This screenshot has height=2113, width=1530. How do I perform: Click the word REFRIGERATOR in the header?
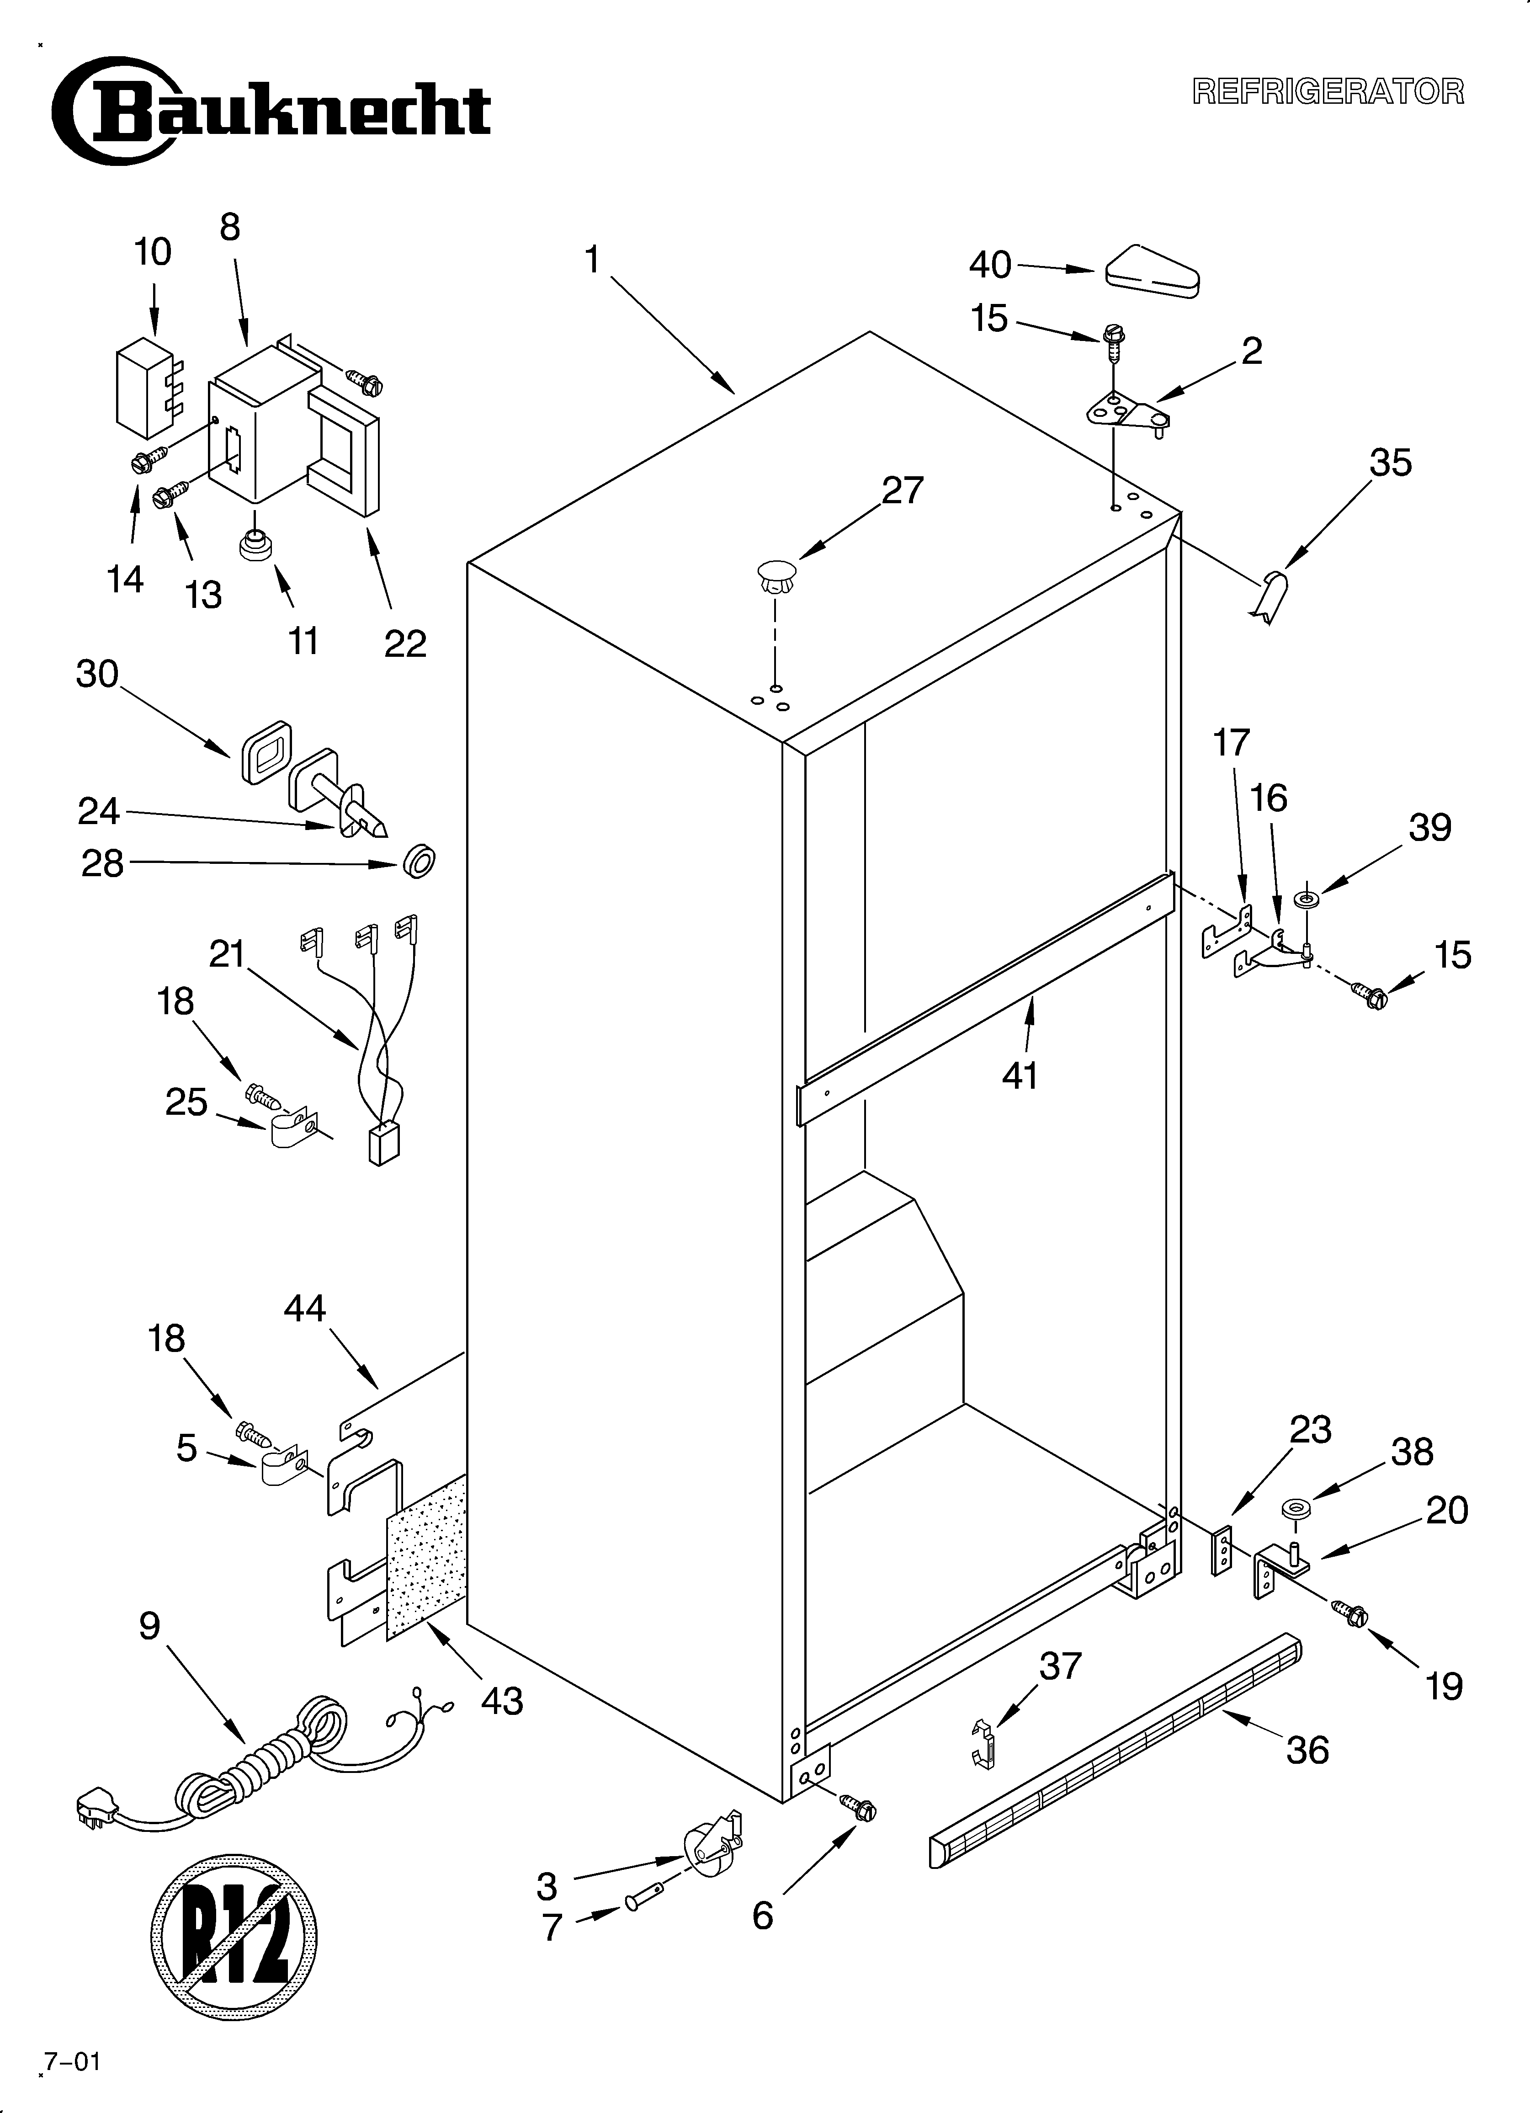click(1328, 91)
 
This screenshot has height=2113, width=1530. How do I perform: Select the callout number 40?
click(989, 266)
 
